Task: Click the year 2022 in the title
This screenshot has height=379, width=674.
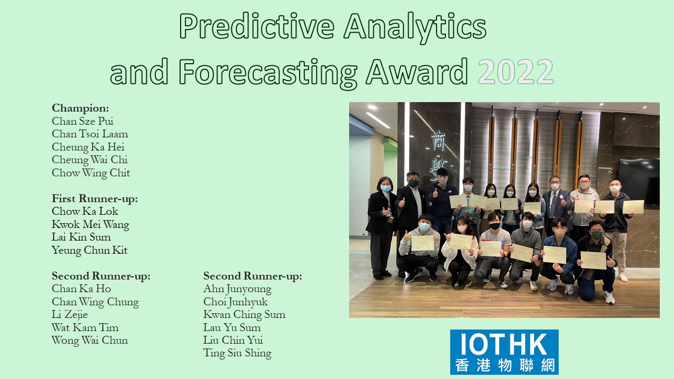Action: (516, 71)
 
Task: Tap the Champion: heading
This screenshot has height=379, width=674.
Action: (81, 108)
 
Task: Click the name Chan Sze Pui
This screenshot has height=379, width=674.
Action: (83, 121)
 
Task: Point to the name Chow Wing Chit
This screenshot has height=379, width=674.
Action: (91, 173)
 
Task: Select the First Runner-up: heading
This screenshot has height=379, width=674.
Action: (95, 198)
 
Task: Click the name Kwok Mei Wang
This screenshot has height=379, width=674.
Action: (90, 225)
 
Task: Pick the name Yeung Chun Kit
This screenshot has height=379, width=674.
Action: (90, 251)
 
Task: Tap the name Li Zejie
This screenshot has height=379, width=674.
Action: (70, 315)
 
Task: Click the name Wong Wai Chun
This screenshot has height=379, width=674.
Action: (90, 341)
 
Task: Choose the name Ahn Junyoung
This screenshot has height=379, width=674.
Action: (237, 289)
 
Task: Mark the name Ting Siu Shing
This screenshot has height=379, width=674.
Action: (237, 353)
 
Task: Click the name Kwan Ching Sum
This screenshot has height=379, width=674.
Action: (244, 315)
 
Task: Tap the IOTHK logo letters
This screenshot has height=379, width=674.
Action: (504, 344)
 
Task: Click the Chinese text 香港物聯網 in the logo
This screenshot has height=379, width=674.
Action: (504, 365)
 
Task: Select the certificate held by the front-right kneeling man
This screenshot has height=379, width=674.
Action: (593, 261)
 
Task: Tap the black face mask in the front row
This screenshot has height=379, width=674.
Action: (494, 226)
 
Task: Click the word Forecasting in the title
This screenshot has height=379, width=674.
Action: (268, 73)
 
